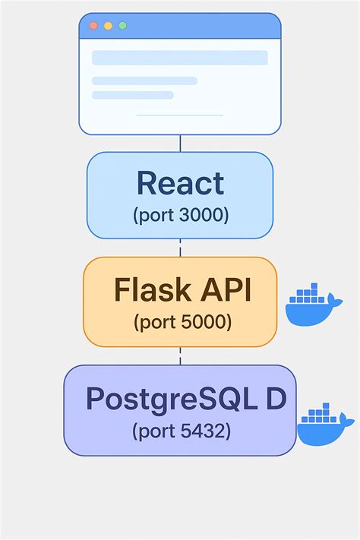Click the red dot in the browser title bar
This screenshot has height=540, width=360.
pyautogui.click(x=93, y=26)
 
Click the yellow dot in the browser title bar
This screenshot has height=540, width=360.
pyautogui.click(x=108, y=26)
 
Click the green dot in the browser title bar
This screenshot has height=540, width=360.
pyautogui.click(x=122, y=26)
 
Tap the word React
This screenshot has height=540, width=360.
pyautogui.click(x=180, y=184)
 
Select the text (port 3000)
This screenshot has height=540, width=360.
pyautogui.click(x=180, y=215)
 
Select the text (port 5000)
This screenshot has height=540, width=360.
pyautogui.click(x=182, y=322)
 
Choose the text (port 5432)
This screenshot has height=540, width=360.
pyautogui.click(x=181, y=432)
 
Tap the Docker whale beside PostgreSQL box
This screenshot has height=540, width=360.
pyautogui.click(x=324, y=425)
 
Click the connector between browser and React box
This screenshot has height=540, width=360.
pyautogui.click(x=180, y=144)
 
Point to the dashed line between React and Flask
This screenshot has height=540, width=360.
pyautogui.click(x=180, y=248)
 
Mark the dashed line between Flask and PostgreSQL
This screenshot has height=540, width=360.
pyautogui.click(x=180, y=355)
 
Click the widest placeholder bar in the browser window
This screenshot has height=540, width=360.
pyautogui.click(x=180, y=58)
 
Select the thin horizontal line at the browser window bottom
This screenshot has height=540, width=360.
pyautogui.click(x=179, y=115)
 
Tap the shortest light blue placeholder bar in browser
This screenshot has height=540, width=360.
pyautogui.click(x=133, y=95)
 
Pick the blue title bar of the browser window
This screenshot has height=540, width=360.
pyautogui.click(x=197, y=26)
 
